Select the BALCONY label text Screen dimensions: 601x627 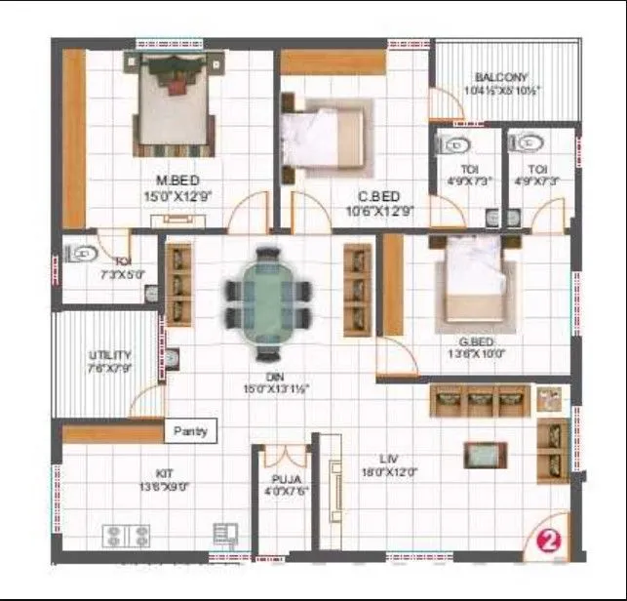[501, 78]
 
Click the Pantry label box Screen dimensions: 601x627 [190, 430]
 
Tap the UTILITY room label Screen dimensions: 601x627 [82, 355]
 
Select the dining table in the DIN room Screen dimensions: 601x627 [267, 291]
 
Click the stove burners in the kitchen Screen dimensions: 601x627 [127, 535]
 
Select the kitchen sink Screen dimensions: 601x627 [225, 534]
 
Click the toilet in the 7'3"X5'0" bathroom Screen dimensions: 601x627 [82, 255]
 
